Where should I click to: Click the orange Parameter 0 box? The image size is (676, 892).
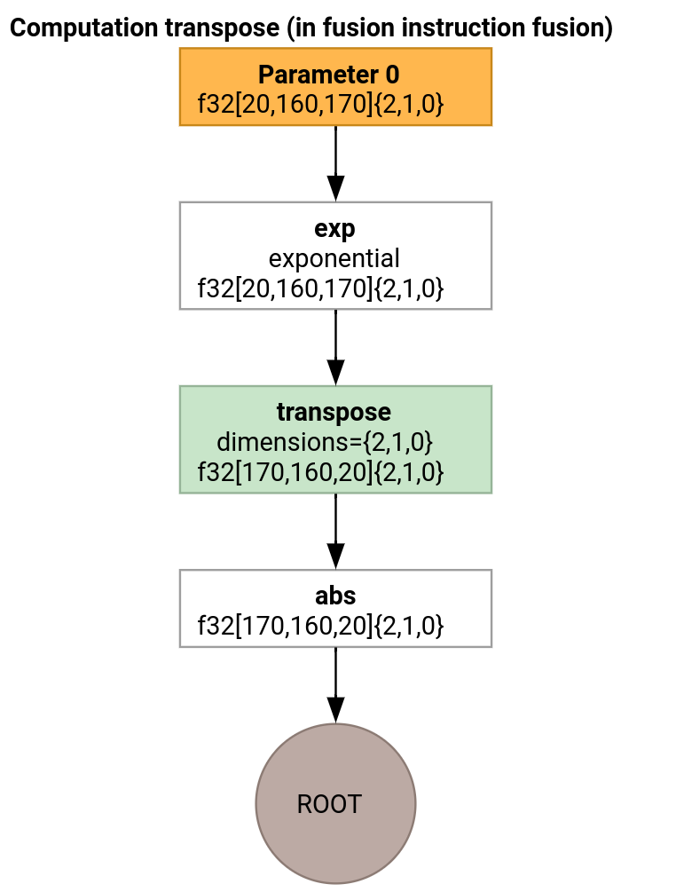[x=335, y=87]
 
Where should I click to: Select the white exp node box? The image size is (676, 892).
[x=335, y=256]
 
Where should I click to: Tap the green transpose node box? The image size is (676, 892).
[x=335, y=439]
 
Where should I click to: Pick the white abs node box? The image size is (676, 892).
[x=335, y=608]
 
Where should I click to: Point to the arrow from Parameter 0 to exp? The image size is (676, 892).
[x=335, y=164]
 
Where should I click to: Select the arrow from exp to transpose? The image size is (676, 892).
[x=335, y=348]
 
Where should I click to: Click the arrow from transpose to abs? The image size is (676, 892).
[x=335, y=532]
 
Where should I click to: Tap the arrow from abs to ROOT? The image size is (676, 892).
[x=335, y=685]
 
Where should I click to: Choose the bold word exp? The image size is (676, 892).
[x=334, y=229]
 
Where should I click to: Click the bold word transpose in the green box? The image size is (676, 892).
[x=334, y=413]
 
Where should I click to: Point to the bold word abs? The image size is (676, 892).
[x=335, y=596]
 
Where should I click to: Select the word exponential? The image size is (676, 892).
[x=334, y=259]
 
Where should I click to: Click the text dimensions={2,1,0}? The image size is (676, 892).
[x=325, y=442]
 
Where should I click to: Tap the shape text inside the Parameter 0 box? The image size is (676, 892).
[x=320, y=106]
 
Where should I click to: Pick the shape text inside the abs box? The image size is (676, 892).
[x=320, y=626]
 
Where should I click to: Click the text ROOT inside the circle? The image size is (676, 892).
[x=329, y=804]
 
